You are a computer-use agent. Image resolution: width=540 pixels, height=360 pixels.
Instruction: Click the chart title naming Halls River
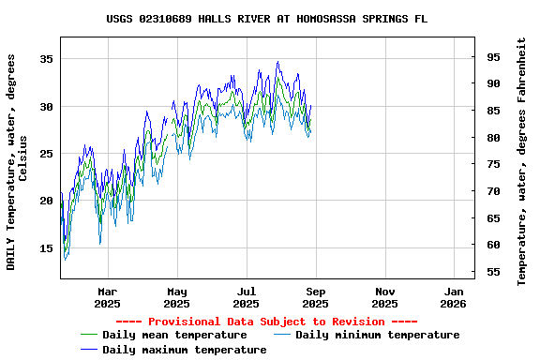click(267, 18)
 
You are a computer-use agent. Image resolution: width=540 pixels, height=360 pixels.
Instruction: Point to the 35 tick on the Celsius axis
click(45, 59)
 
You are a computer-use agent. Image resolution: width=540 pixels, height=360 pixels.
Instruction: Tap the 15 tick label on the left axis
click(45, 248)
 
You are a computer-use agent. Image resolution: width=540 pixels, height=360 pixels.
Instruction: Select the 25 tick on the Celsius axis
click(45, 154)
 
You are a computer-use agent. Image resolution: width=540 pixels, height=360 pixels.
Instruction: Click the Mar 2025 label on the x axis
click(108, 297)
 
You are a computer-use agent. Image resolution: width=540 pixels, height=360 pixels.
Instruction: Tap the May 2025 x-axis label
click(176, 297)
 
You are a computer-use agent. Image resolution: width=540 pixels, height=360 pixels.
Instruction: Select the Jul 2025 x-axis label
click(246, 297)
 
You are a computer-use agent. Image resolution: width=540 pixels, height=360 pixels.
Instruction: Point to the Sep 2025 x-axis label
click(315, 297)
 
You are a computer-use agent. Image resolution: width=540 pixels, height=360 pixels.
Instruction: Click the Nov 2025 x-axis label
click(384, 297)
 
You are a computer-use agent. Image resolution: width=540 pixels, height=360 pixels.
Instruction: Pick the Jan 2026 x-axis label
click(453, 297)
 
